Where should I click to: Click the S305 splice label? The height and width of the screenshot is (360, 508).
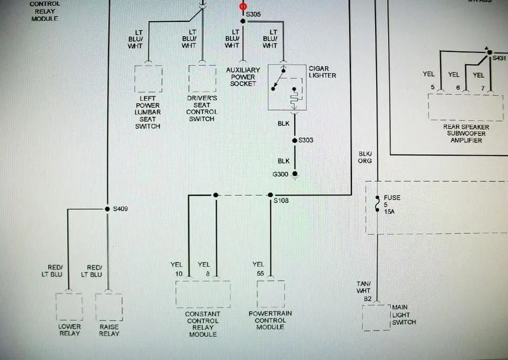point(253,14)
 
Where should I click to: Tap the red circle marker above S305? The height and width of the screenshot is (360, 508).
point(243,6)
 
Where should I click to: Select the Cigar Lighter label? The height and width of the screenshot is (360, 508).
point(322,72)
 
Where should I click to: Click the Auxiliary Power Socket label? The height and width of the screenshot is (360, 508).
point(243,77)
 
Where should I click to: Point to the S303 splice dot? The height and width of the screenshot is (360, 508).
point(295,140)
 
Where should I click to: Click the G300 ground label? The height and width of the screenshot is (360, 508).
point(280,174)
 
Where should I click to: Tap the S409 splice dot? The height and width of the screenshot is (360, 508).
point(107,209)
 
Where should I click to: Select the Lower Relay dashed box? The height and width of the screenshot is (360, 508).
point(69,307)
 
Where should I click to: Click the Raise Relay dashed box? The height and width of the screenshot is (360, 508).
point(109,307)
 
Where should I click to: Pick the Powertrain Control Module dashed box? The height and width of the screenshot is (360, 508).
point(271,294)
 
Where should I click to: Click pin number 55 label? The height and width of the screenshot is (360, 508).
point(260,274)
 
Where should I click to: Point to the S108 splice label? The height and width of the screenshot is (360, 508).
point(281,201)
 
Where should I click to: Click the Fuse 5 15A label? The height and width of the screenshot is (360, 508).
point(392,204)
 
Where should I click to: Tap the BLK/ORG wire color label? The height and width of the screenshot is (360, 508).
point(365,157)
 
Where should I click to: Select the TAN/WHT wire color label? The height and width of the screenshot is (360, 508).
point(364,287)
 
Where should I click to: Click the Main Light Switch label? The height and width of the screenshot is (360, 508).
point(404,314)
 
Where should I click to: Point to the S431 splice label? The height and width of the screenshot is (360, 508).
point(499,58)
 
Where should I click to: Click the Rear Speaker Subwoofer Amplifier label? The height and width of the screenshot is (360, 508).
point(466,133)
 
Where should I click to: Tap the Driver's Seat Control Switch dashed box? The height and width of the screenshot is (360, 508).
point(203,79)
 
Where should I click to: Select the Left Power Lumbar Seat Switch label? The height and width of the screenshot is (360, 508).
point(148,112)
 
